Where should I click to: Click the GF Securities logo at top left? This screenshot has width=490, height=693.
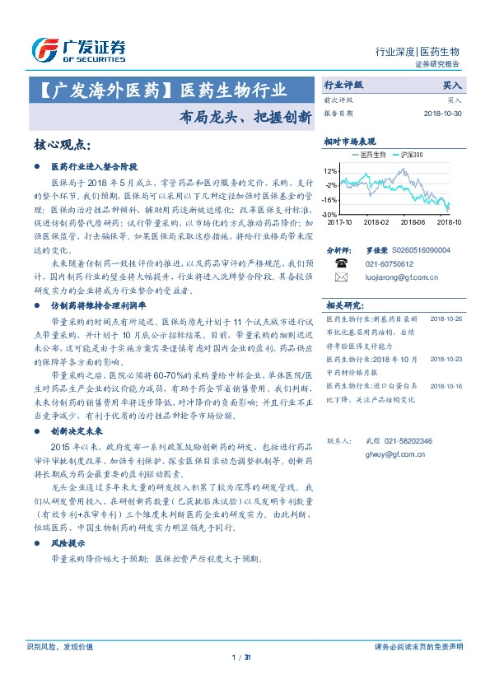click(78, 50)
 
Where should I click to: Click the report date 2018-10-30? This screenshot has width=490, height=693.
click(442, 114)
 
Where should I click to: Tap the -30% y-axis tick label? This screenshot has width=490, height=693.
click(329, 214)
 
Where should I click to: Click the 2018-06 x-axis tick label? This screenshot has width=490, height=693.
click(413, 221)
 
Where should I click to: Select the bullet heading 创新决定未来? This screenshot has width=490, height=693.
click(80, 430)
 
